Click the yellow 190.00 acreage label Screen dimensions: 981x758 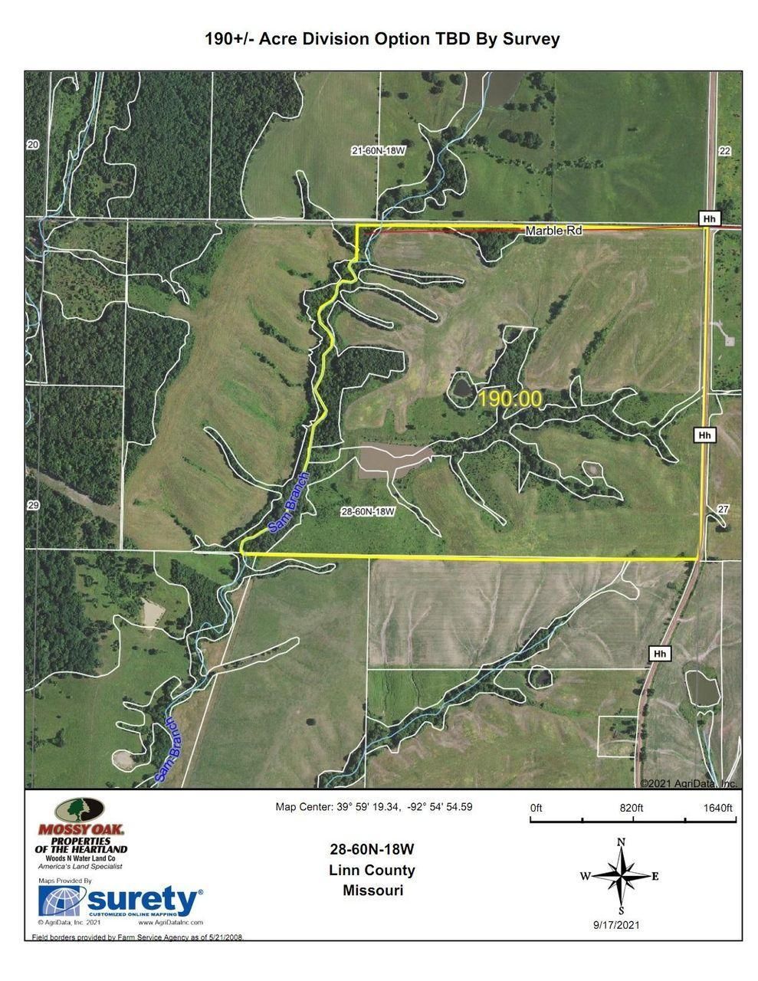pos(510,399)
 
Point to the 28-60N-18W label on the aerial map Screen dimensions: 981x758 pos(369,510)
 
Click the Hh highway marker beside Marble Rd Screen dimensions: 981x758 pos(710,219)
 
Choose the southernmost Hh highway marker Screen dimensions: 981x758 pos(659,654)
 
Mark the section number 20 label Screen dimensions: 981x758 pos(32,145)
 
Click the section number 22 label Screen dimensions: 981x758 pos(724,151)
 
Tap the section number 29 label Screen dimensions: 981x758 pos(32,505)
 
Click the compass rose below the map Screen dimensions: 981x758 pos(622,875)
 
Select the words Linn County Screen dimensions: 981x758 pos(372,870)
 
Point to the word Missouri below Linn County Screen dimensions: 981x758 pos(372,891)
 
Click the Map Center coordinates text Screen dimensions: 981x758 pos(374,807)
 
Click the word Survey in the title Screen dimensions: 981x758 pos(530,38)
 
